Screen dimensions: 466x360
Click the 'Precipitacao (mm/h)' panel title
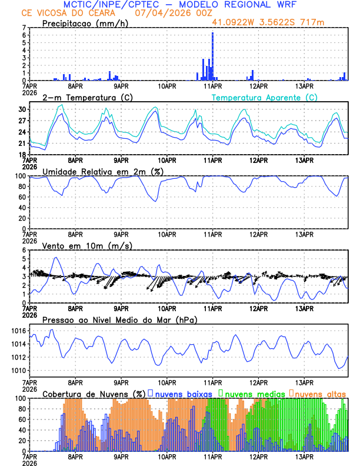coord(82,23)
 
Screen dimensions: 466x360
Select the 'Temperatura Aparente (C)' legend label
coord(265,97)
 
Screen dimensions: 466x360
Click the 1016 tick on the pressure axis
coord(19,331)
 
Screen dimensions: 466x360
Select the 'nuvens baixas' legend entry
coord(182,393)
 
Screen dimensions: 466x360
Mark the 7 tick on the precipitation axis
coord(24,28)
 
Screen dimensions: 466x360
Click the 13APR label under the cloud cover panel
coord(305,456)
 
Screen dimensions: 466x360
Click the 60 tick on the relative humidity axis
coord(21,197)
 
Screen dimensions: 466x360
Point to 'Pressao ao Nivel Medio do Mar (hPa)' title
coord(120,319)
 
